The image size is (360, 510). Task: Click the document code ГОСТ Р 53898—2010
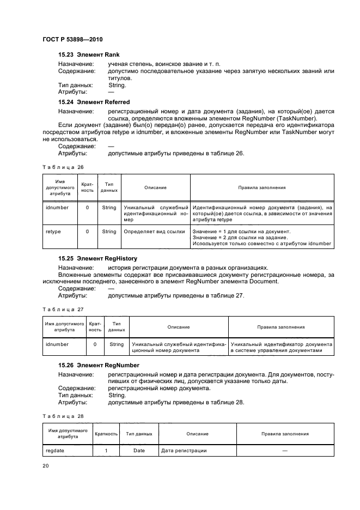72,40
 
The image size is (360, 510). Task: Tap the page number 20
46,465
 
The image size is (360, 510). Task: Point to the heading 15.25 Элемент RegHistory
97,258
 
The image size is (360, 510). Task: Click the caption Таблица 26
56,167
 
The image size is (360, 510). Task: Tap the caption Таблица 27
56,309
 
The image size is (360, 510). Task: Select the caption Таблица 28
56,416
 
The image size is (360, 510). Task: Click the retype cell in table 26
53,232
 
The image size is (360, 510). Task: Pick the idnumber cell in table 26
57,208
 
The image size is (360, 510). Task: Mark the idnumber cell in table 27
57,344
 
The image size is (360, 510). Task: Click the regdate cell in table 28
56,451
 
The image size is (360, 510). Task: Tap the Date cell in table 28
139,451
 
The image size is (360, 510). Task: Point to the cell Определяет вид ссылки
155,232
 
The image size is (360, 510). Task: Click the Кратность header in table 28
106,434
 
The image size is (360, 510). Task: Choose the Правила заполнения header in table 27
280,327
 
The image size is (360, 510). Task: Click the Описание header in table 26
155,187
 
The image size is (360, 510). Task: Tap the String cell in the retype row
109,232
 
